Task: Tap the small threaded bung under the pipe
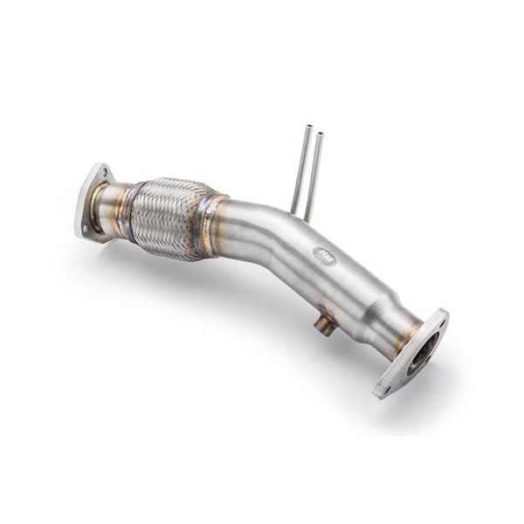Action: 324,325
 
